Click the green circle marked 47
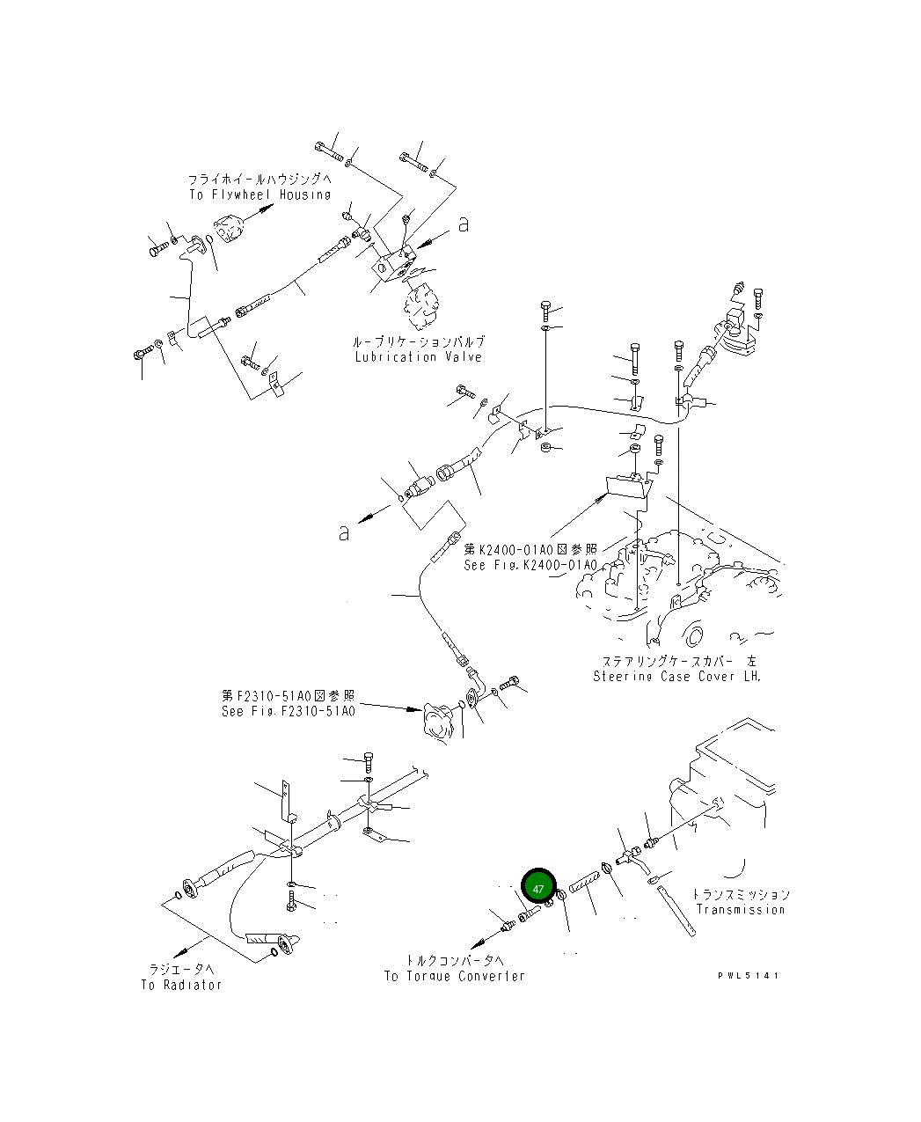tap(538, 888)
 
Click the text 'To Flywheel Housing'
tap(259, 194)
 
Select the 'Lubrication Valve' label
tap(418, 357)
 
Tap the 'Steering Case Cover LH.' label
tap(676, 676)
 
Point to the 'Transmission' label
tap(740, 909)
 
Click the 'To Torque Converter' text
tap(454, 976)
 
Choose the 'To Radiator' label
tap(181, 985)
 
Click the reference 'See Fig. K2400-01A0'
tap(530, 565)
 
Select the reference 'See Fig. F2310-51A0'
tap(289, 710)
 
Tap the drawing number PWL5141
tap(748, 975)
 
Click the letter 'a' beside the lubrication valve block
tap(463, 225)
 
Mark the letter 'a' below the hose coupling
tap(345, 532)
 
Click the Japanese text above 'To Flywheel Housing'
tap(259, 179)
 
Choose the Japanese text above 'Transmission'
tap(740, 894)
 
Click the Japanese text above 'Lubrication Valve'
tap(418, 341)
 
